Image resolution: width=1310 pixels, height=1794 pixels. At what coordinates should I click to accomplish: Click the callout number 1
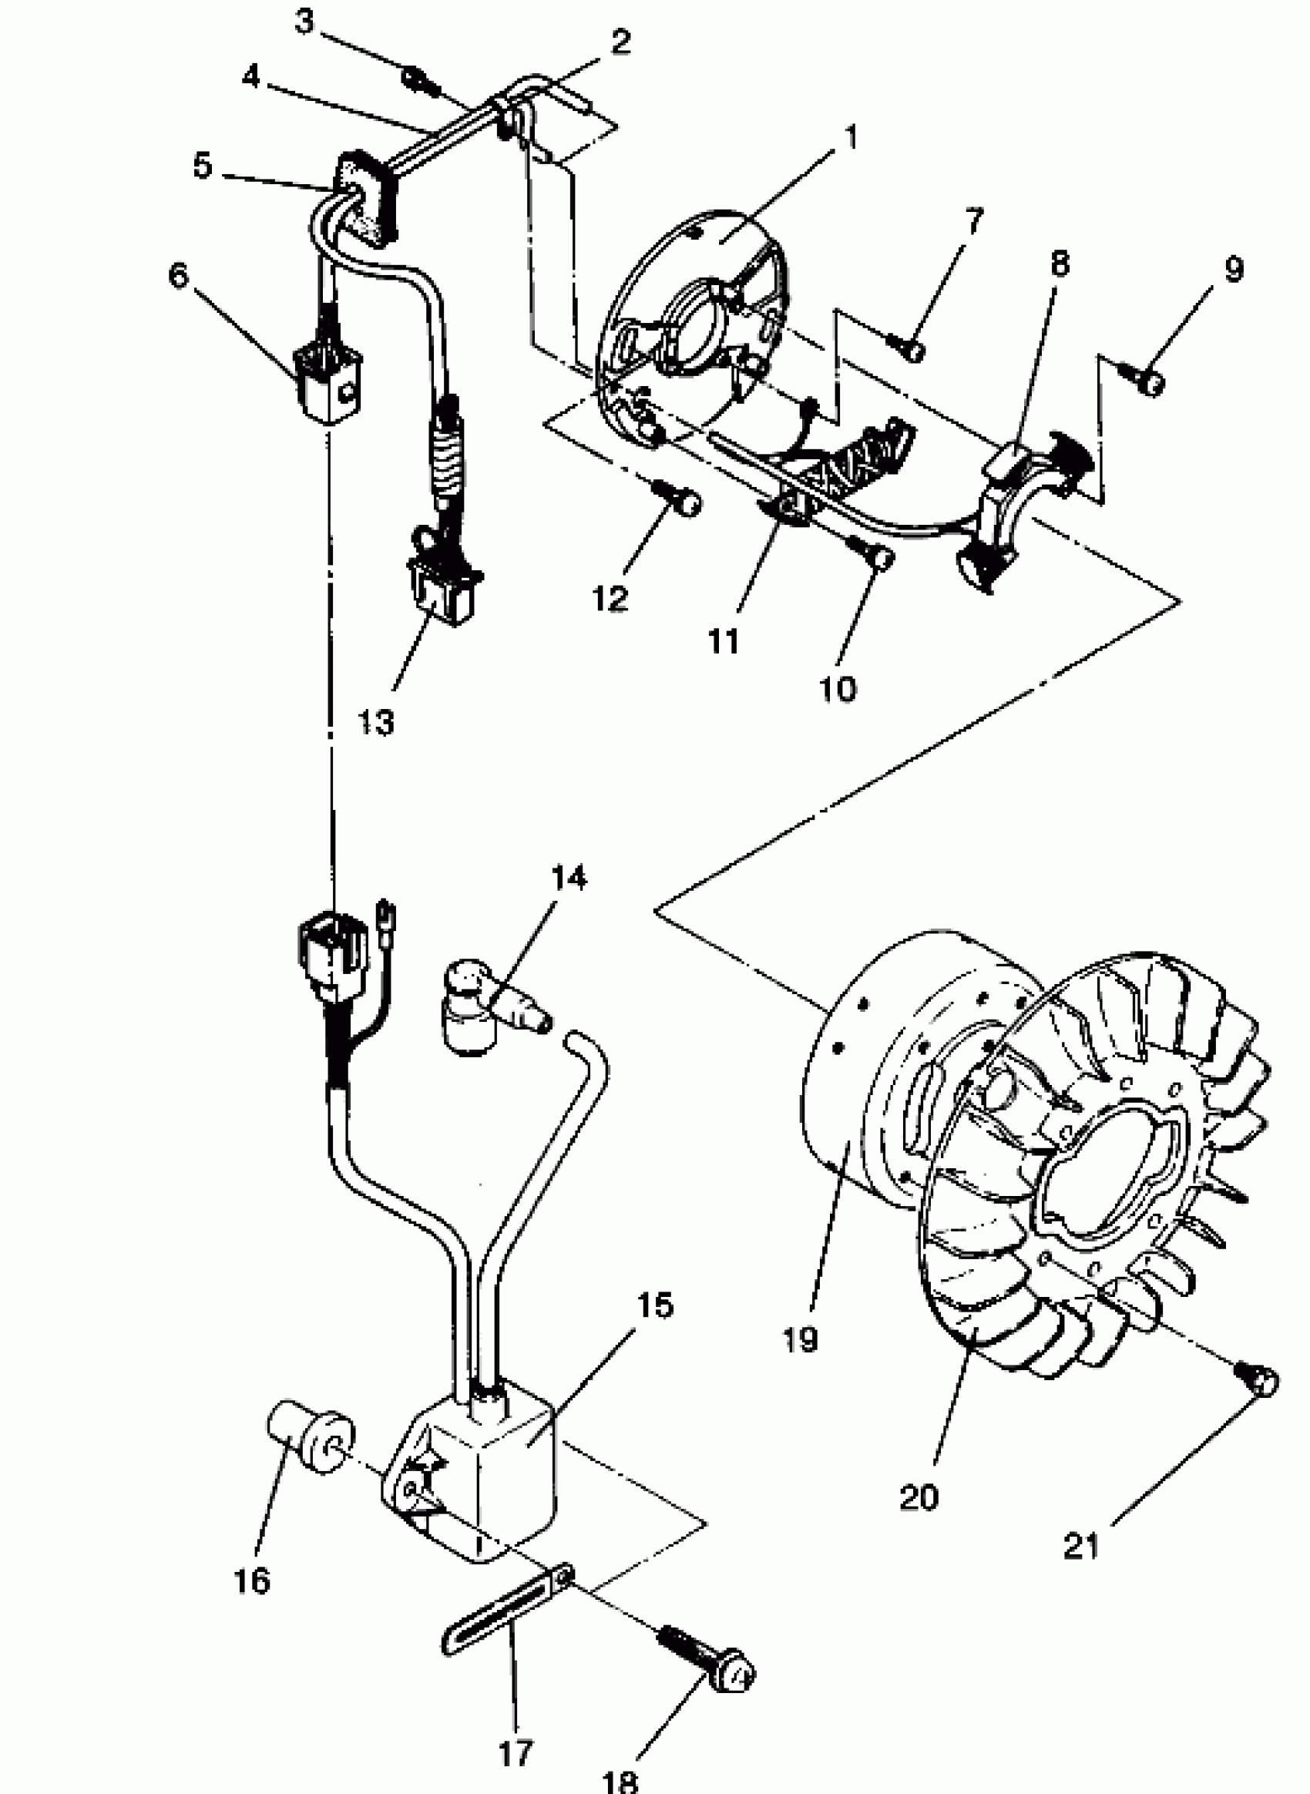pyautogui.click(x=851, y=137)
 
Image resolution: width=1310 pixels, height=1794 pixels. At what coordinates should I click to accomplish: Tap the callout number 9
pyautogui.click(x=1233, y=270)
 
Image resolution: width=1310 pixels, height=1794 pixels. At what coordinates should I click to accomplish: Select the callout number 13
pyautogui.click(x=375, y=722)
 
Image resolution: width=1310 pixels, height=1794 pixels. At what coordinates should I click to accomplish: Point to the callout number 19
pyautogui.click(x=798, y=1339)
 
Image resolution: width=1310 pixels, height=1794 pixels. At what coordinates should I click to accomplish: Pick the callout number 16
pyautogui.click(x=252, y=1580)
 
